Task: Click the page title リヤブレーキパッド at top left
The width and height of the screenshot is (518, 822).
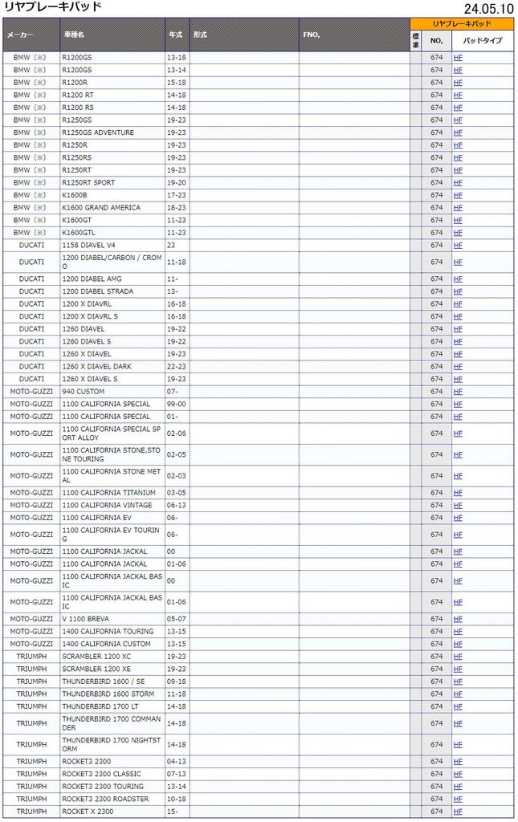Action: click(x=52, y=7)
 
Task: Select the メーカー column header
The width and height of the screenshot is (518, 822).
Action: click(x=21, y=35)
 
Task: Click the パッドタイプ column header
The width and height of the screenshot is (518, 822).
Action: click(x=483, y=40)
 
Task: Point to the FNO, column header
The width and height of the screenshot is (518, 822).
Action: click(x=312, y=35)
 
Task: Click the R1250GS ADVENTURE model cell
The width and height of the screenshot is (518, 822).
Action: click(x=98, y=132)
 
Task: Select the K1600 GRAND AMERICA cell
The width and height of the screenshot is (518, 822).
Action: click(x=101, y=207)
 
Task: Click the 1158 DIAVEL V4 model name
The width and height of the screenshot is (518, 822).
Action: click(x=89, y=245)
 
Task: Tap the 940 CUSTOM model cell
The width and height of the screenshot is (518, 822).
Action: click(x=84, y=392)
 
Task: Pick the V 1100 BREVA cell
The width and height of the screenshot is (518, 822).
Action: click(x=86, y=619)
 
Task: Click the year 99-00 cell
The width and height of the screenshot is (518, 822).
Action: click(x=176, y=404)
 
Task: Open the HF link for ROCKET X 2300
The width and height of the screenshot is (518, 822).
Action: click(x=458, y=812)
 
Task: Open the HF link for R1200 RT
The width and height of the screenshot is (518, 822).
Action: click(x=458, y=95)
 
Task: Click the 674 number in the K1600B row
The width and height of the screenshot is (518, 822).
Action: click(x=436, y=195)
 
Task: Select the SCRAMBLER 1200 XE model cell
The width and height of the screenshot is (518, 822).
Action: click(x=96, y=669)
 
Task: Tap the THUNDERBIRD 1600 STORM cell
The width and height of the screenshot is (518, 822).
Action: click(x=108, y=694)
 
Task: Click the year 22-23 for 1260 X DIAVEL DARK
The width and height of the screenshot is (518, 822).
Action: click(x=176, y=366)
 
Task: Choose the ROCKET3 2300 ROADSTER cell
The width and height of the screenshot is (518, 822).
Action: click(x=105, y=799)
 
